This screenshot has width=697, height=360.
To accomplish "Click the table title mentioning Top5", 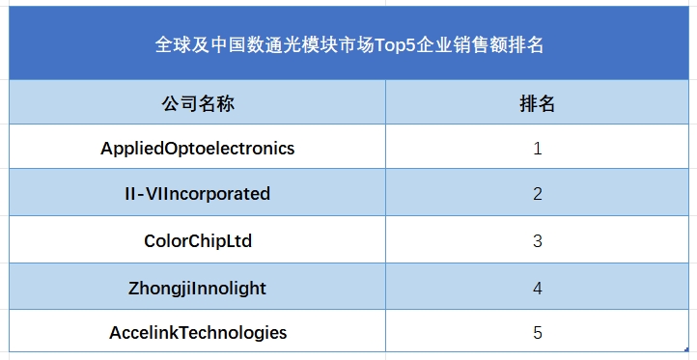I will pos(348,44).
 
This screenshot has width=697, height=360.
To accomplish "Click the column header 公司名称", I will pos(197,103).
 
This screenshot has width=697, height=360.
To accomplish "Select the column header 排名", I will pos(538,103).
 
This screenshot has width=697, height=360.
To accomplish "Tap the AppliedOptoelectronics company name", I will pos(197,149).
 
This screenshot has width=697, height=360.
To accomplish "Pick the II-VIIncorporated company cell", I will pos(197,194).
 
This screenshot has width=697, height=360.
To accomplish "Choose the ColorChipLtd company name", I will pos(197,240).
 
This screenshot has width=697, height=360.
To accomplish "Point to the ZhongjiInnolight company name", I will pos(197,288).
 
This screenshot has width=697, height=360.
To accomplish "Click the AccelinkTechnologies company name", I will pos(197,333).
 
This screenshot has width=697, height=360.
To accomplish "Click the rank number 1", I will pos(538,149).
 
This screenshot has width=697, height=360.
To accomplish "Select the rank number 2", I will pos(538,194).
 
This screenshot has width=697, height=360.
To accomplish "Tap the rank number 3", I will pos(538,240).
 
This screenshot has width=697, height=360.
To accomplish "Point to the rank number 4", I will pos(538,288).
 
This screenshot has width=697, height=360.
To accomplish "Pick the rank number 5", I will pos(538,333).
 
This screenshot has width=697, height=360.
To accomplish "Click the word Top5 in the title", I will pos(393,44).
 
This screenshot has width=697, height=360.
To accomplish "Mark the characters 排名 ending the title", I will pos(523,44).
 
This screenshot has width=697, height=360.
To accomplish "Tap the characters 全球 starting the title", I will pos(174,44).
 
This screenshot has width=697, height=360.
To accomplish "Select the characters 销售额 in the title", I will pos(476,44).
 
